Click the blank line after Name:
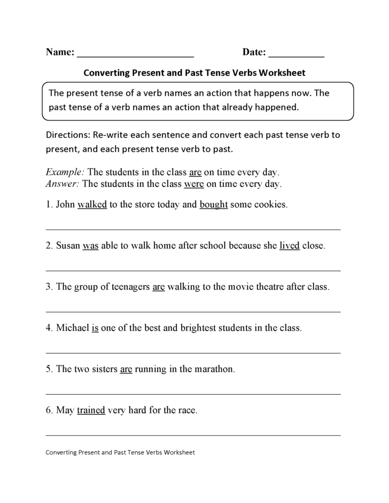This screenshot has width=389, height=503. click(x=136, y=55)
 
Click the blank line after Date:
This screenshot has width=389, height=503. click(x=296, y=55)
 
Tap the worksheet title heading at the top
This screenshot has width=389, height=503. click(x=194, y=72)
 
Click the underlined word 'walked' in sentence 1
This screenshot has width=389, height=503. click(x=92, y=205)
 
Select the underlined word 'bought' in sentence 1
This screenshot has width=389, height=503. click(x=214, y=205)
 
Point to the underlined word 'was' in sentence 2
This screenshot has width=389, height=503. click(x=90, y=246)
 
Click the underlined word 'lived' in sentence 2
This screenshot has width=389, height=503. click(x=289, y=246)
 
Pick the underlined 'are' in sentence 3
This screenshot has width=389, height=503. click(x=159, y=287)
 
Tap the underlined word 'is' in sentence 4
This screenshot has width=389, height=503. click(x=95, y=328)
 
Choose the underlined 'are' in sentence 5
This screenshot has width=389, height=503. click(x=126, y=369)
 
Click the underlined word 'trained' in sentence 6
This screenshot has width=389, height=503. click(x=91, y=411)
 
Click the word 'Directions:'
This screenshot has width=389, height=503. click(x=68, y=135)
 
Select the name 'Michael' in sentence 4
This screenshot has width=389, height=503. click(x=72, y=328)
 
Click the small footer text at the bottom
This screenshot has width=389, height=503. click(x=120, y=452)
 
